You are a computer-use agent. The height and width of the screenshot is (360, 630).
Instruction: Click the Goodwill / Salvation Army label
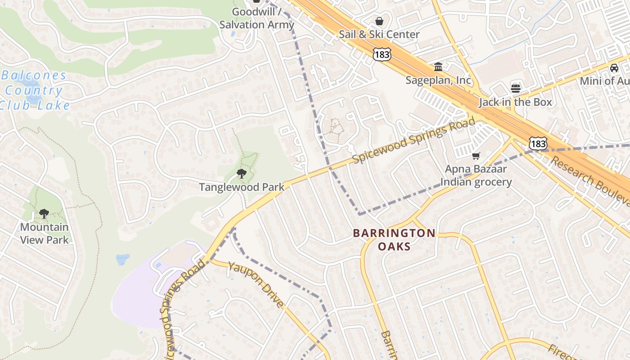click(256, 18)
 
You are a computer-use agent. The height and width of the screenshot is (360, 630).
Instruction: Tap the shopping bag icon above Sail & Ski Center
click(379, 21)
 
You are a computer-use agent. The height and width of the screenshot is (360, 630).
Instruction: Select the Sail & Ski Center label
click(379, 34)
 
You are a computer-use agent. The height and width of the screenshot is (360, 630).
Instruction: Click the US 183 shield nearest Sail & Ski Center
click(382, 54)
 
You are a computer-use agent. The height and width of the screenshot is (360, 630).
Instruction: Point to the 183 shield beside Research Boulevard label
click(538, 144)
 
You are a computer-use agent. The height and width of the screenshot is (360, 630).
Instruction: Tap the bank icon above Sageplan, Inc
click(438, 67)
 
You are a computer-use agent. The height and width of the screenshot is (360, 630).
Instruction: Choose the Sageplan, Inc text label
click(438, 80)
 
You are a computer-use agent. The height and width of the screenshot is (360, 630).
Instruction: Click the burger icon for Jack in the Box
click(516, 88)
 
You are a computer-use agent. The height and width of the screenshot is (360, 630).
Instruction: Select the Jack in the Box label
click(515, 102)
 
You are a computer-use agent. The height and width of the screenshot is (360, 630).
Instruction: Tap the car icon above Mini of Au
click(614, 68)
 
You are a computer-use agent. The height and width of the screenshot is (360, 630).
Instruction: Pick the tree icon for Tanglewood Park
click(242, 173)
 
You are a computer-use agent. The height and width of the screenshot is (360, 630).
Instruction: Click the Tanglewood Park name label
click(242, 187)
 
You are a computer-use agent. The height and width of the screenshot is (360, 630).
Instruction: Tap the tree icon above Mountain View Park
click(44, 213)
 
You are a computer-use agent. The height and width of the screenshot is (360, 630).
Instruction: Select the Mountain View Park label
click(44, 233)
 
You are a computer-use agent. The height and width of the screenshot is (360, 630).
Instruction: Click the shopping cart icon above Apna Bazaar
click(476, 156)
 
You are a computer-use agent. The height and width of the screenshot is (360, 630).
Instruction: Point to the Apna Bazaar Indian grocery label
click(476, 175)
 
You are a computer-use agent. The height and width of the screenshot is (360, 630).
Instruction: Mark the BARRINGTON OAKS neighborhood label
click(394, 239)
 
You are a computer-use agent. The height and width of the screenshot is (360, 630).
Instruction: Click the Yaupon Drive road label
click(256, 284)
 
